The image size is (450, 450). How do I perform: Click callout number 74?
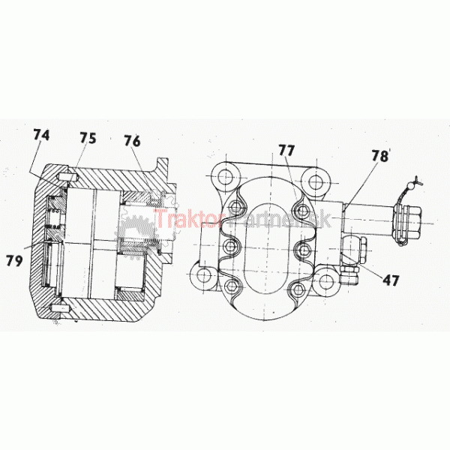[x=41, y=135]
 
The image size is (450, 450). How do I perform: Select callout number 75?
[x=88, y=138]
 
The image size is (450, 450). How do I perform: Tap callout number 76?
[x=132, y=141]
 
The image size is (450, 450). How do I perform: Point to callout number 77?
[x=286, y=150]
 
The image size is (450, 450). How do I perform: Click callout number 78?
[x=380, y=156]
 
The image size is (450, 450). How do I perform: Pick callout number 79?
[x=14, y=260]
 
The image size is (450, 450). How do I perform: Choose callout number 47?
[x=391, y=280]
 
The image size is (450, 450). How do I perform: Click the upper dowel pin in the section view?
[x=67, y=178]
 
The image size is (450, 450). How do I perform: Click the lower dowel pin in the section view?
[x=60, y=309]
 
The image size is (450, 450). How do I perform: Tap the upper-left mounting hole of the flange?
[x=225, y=177]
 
